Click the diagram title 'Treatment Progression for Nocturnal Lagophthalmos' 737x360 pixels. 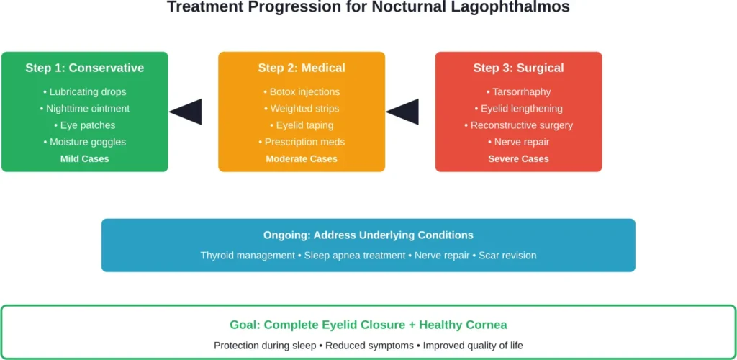coord(368,8)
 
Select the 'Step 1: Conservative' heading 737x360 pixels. coord(84,68)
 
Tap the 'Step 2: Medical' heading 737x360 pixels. coord(302,68)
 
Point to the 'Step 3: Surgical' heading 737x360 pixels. coord(518,68)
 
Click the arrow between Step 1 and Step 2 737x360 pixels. coord(186,112)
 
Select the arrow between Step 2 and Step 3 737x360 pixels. coord(403,112)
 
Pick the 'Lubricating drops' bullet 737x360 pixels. coord(84,91)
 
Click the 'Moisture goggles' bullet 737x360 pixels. coord(84,142)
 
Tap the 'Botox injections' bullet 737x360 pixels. coord(302,91)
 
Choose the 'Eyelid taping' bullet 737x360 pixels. coord(302,125)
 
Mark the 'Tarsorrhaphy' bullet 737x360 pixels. coord(518,91)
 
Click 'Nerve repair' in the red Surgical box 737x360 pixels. coord(518,142)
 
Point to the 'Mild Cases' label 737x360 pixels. coord(84,158)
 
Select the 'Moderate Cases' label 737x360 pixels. coord(302,158)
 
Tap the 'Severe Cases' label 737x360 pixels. coord(518,158)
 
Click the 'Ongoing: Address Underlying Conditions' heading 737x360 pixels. coord(368,235)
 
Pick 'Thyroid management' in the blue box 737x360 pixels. coord(248,256)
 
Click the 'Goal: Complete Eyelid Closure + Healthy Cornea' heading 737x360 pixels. coord(368,325)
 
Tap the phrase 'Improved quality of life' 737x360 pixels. coord(473,346)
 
